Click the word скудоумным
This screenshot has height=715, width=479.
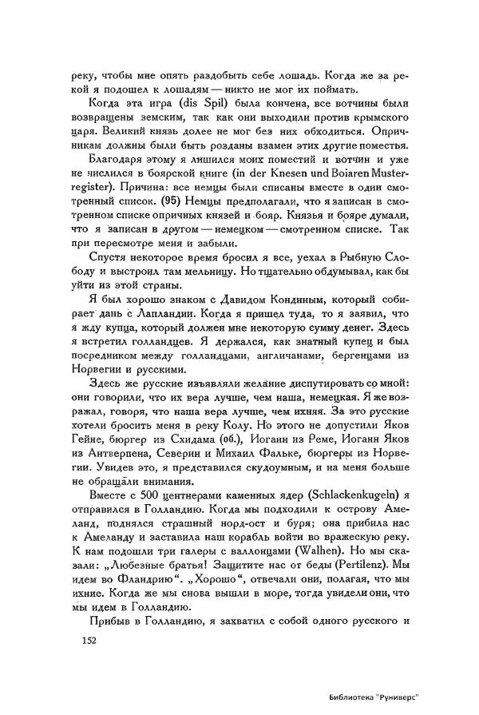[x=256, y=467]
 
